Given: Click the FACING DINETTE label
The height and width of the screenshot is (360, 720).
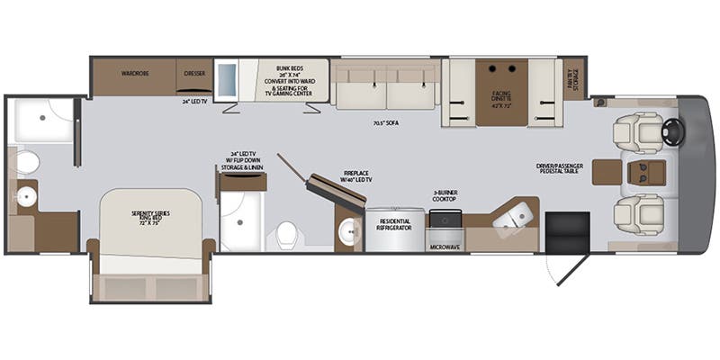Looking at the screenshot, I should point(502,94).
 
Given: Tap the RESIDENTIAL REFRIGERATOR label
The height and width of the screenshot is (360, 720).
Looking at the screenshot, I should point(394,223).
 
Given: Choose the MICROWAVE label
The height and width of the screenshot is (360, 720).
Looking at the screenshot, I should point(444,245).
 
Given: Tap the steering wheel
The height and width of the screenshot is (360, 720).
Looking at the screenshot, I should point(673,132).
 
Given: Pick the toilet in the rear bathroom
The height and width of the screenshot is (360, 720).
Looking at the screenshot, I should point(27,162).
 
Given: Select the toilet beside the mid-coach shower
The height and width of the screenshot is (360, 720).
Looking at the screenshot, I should point(287,235).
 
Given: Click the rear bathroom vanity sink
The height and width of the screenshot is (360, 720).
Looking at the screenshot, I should point(25,196).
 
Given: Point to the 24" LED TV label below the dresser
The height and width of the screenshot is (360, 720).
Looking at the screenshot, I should point(193,101).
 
